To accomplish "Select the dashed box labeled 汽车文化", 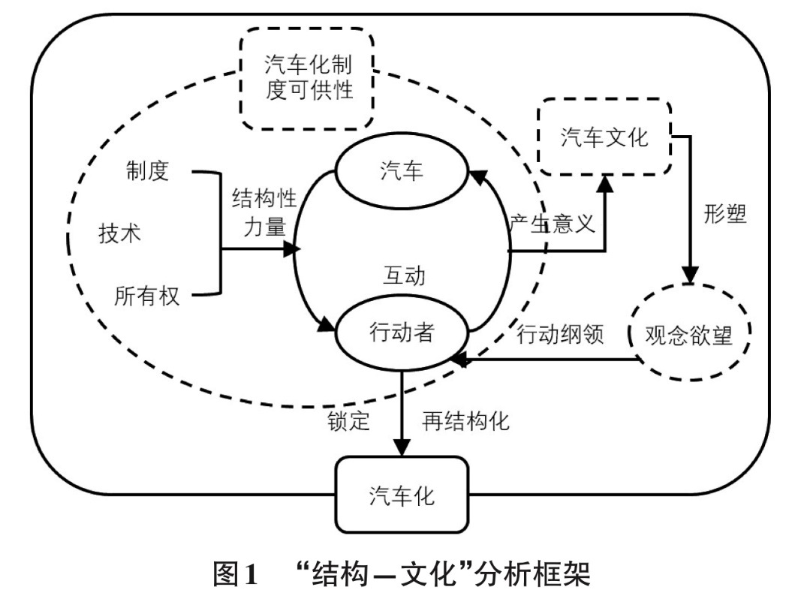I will pyautogui.click(x=604, y=137).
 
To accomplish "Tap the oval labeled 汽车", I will pyautogui.click(x=402, y=172).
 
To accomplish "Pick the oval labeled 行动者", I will pyautogui.click(x=402, y=333).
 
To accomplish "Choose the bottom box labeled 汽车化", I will pyautogui.click(x=402, y=496).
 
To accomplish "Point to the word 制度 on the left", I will pyautogui.click(x=147, y=171).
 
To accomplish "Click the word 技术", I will pyautogui.click(x=120, y=233).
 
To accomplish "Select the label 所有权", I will pyautogui.click(x=147, y=296).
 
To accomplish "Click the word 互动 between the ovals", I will pyautogui.click(x=402, y=275).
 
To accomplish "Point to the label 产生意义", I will pyautogui.click(x=552, y=224).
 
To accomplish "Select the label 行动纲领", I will pyautogui.click(x=561, y=335).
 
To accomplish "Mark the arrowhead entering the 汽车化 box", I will pyautogui.click(x=402, y=447).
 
